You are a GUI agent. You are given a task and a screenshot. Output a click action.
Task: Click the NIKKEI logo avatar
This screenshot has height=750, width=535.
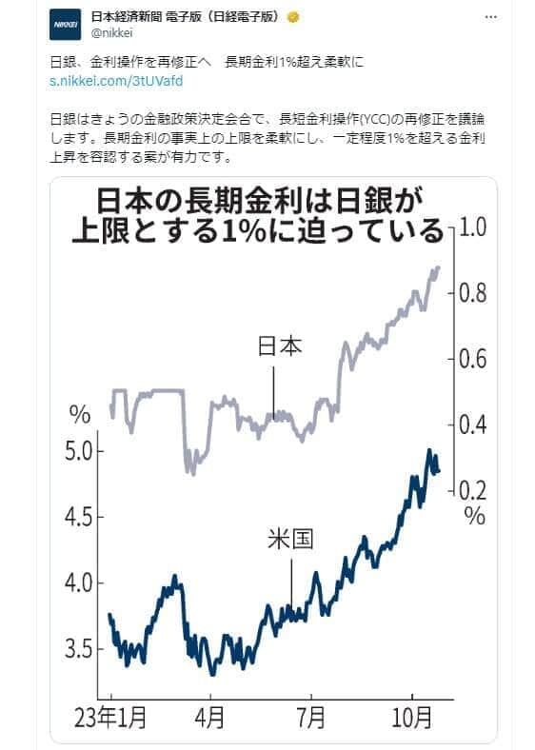tap(66, 23)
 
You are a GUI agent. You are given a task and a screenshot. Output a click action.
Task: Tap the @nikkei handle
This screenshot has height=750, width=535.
tap(111, 32)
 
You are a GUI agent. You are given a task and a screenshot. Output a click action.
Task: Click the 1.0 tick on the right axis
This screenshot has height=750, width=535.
tap(473, 227)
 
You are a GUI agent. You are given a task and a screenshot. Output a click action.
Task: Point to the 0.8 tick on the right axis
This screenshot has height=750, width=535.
tap(473, 293)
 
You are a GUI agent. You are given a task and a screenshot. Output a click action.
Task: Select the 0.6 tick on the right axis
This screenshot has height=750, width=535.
tap(473, 359)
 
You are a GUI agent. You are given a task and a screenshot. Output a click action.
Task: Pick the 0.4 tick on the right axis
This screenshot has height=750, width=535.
tap(473, 424)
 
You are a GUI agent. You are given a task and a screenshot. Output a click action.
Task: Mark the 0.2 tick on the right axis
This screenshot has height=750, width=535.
tap(473, 490)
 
